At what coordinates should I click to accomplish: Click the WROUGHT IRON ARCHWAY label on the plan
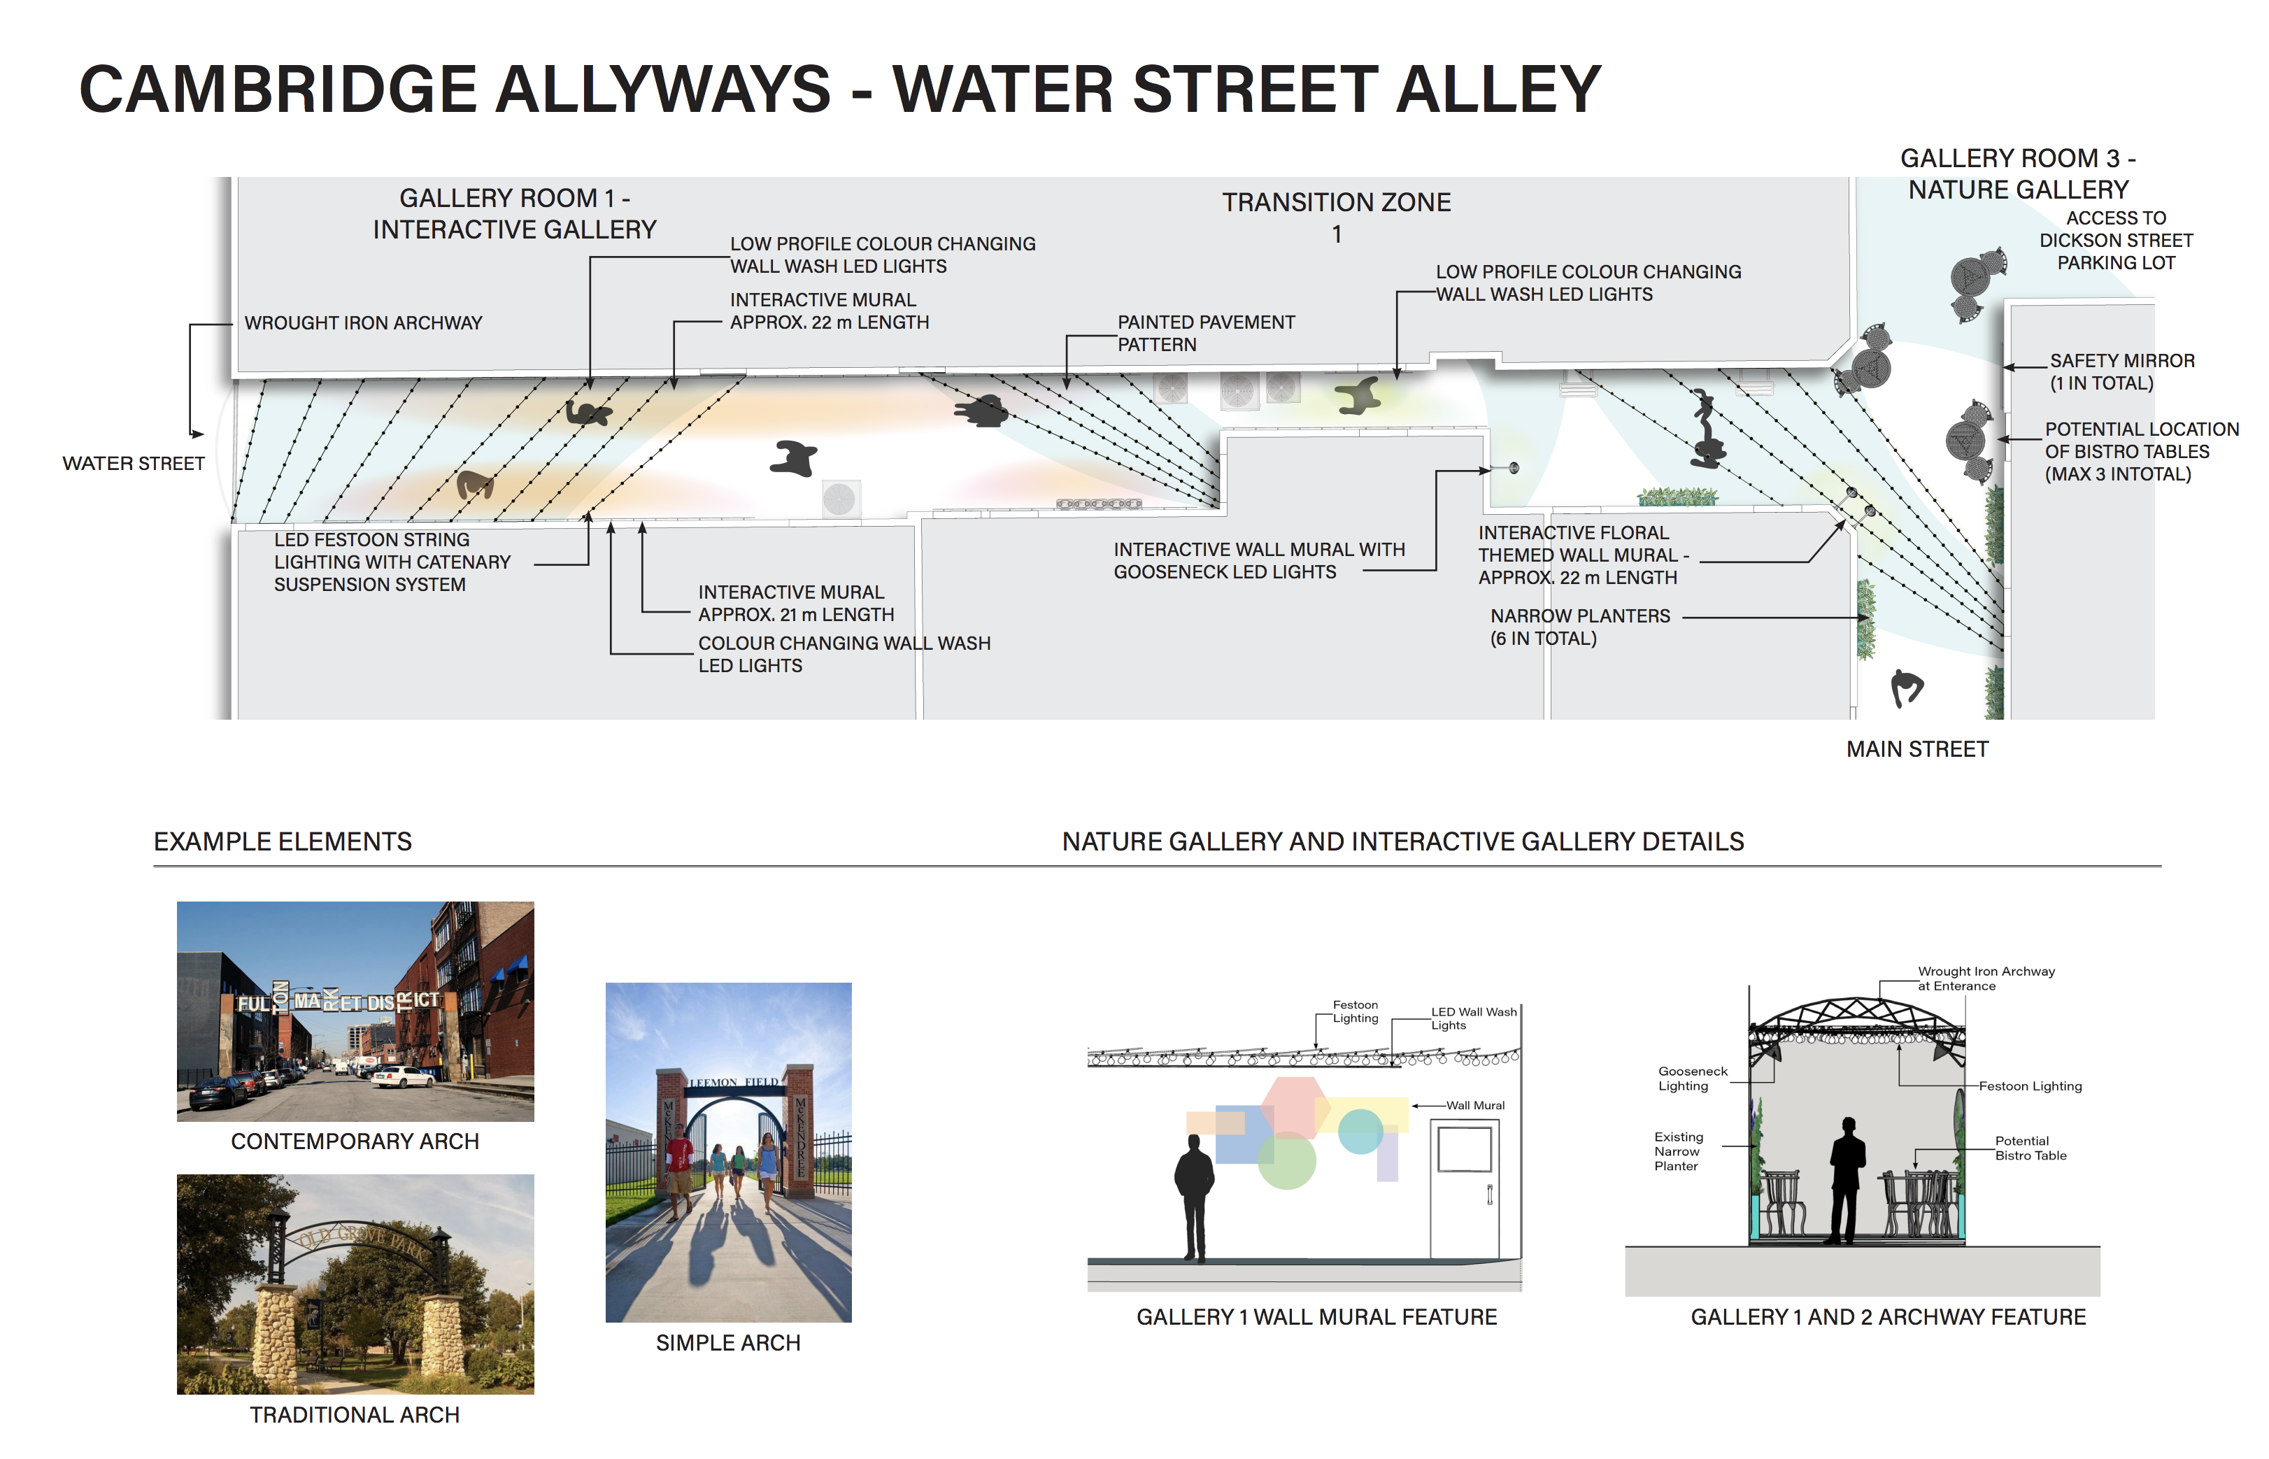pyautogui.click(x=363, y=323)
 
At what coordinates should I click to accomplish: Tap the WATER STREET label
pyautogui.click(x=134, y=463)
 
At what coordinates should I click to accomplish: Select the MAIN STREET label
pyautogui.click(x=1916, y=749)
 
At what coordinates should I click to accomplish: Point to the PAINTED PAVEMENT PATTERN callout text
pyautogui.click(x=1205, y=334)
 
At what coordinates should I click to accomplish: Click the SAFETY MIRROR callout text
pyautogui.click(x=2121, y=372)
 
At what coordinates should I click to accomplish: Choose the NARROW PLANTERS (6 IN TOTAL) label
pyautogui.click(x=1579, y=627)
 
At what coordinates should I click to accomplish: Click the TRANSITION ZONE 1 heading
pyautogui.click(x=1336, y=216)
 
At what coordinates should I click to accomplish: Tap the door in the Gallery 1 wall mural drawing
pyautogui.click(x=1464, y=1189)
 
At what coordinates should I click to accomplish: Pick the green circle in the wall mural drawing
pyautogui.click(x=1286, y=1160)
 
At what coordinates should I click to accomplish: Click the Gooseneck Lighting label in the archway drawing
pyautogui.click(x=1692, y=1078)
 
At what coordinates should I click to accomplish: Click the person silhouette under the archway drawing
pyautogui.click(x=1847, y=1179)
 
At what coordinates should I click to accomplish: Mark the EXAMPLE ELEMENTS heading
pyautogui.click(x=283, y=841)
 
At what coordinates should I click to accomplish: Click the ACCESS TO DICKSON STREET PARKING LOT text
pyautogui.click(x=2116, y=241)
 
